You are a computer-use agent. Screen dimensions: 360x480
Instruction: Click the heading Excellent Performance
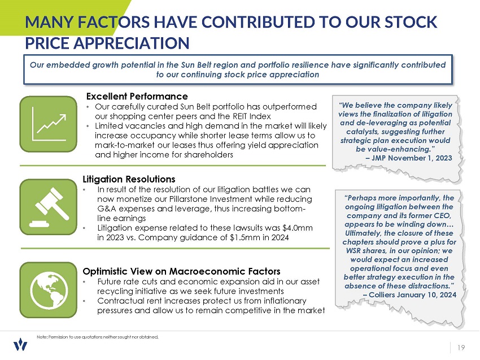pos(137,96)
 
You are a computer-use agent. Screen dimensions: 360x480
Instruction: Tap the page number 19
pos(461,347)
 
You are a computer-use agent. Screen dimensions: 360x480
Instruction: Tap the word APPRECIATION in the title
pos(107,43)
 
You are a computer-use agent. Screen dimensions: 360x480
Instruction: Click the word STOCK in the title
pos(407,23)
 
